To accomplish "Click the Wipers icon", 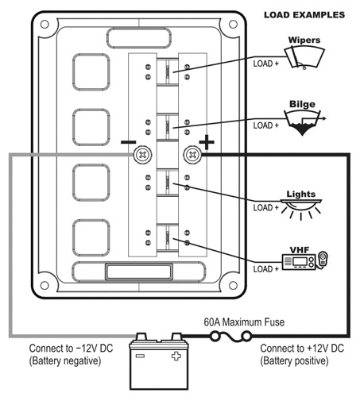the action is pyautogui.click(x=304, y=57).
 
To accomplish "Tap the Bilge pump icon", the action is pyautogui.click(x=304, y=122).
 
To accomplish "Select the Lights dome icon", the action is pyautogui.click(x=301, y=209).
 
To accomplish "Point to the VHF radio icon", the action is pyautogui.click(x=304, y=260).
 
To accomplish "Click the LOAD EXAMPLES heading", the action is pyautogui.click(x=304, y=15).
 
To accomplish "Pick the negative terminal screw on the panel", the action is pyautogui.click(x=143, y=155).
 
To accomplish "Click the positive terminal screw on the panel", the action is pyautogui.click(x=192, y=155).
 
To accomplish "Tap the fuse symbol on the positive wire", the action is pyautogui.click(x=230, y=337).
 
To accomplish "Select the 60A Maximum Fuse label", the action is pyautogui.click(x=244, y=322).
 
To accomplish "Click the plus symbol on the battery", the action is pyautogui.click(x=176, y=356).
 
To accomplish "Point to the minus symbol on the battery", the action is pyautogui.click(x=140, y=356).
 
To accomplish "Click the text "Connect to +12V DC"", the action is pyautogui.click(x=302, y=349).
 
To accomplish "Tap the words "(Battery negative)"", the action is pyautogui.click(x=65, y=360).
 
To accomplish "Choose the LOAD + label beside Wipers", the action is pyautogui.click(x=266, y=64).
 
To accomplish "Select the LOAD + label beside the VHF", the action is pyautogui.click(x=266, y=269).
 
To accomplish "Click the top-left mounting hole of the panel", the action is pyautogui.click(x=45, y=25).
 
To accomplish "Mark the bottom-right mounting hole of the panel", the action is pyautogui.click(x=233, y=286).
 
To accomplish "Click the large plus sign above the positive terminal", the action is pyautogui.click(x=207, y=142).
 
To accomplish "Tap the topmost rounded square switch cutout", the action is pyautogui.click(x=91, y=72).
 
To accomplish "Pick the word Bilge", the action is pyautogui.click(x=302, y=104).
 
